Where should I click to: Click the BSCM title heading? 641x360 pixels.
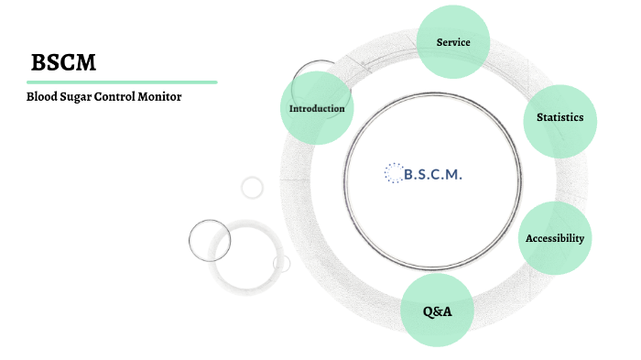63,62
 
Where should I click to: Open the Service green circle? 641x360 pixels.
453,42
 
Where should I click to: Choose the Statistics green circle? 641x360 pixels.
560,117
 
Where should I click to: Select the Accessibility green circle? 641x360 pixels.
554,238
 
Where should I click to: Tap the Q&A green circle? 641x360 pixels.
437,311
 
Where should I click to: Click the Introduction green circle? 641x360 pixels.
317,108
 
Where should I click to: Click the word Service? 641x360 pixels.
453,42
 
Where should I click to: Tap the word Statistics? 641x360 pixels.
560,117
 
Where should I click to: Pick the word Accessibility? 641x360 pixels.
554,238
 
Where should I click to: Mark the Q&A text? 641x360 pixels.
437,311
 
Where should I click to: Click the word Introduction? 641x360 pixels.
317,108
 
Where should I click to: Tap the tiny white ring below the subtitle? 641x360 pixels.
252,188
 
